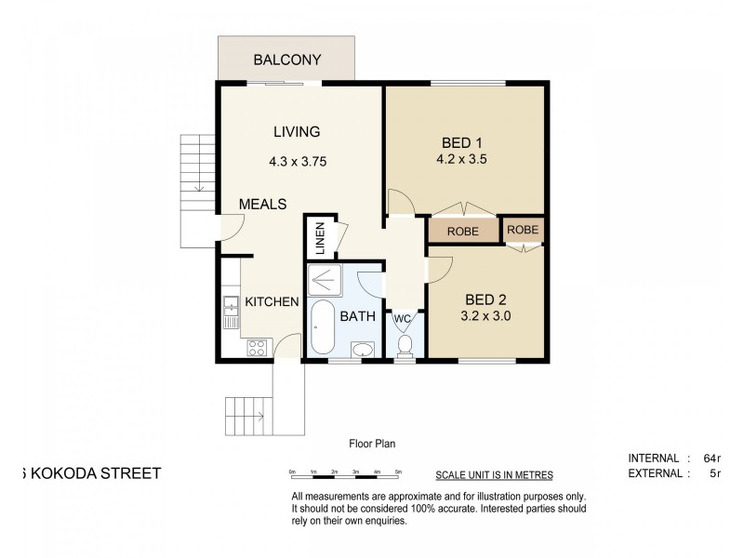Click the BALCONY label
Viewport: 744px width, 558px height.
pos(287,60)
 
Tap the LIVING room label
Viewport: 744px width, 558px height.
pos(297,131)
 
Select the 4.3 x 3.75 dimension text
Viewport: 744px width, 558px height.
pos(297,161)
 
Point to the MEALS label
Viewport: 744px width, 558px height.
pos(262,204)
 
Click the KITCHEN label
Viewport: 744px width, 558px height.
pos(271,301)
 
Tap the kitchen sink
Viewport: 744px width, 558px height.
pos(229,311)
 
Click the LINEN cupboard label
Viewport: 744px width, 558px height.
pos(319,238)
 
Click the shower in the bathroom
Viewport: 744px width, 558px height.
pos(326,278)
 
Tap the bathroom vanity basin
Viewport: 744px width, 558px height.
pos(362,349)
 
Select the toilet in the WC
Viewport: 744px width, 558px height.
pos(404,346)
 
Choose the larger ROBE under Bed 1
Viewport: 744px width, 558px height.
pos(462,232)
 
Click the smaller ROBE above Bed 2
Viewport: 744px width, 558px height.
pos(523,229)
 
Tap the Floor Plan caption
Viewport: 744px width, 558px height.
pos(372,444)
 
